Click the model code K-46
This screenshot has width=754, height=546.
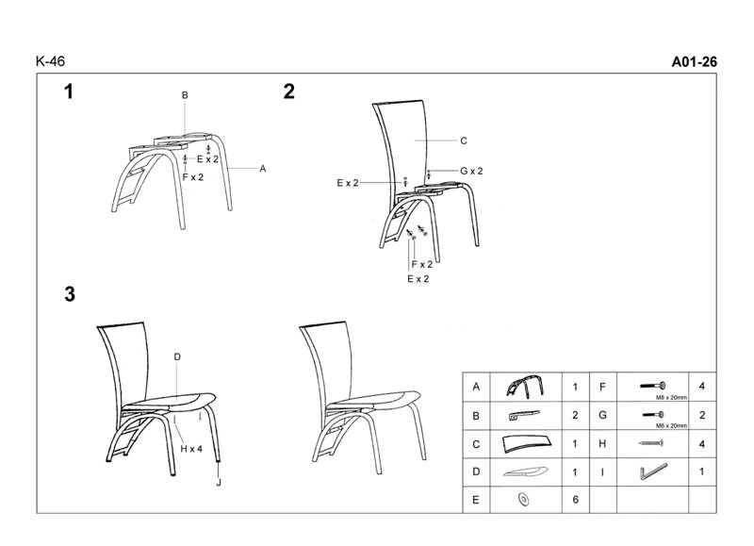coord(50,61)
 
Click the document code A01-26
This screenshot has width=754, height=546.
coord(694,61)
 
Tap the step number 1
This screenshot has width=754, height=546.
coord(69,91)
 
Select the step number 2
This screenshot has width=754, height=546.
coord(288,91)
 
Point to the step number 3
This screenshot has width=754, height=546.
coord(70,294)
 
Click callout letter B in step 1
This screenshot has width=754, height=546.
coord(185,95)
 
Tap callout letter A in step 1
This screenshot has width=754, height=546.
coord(263,169)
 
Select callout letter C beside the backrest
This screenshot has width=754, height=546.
coord(464,141)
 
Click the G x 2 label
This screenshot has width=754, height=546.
coord(471,171)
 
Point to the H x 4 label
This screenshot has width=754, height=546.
coord(191,449)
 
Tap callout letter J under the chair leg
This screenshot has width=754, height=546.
coord(219,482)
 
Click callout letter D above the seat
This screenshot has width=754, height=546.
coord(177,357)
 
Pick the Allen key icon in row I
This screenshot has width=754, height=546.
coord(653,471)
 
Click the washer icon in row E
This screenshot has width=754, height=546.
coord(524,500)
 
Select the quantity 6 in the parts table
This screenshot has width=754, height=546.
coord(575,500)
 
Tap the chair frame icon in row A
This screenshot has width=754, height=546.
coord(525,386)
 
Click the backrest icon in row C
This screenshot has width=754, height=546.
coord(527,443)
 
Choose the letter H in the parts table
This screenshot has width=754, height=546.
coord(602,443)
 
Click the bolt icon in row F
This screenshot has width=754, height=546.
coord(652,386)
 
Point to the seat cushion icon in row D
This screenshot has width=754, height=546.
coord(526,472)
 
